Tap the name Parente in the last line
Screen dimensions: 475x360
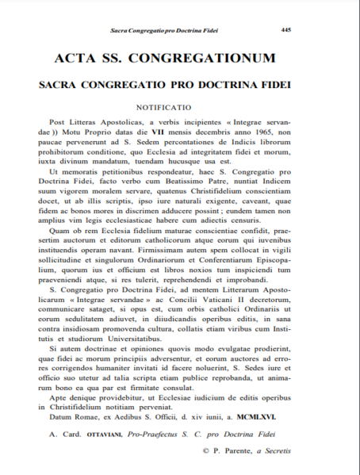coord(239,451)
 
